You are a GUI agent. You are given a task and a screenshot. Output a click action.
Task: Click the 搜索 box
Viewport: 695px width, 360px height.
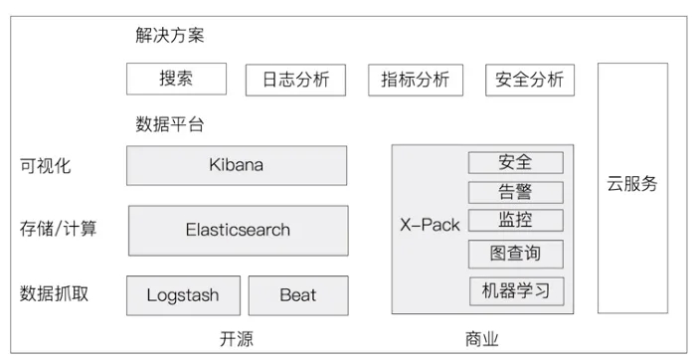coord(176,79)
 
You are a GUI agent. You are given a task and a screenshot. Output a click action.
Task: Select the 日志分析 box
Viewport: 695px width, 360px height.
coord(295,81)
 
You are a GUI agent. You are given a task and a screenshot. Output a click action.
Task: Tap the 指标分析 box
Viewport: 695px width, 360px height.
coord(416,81)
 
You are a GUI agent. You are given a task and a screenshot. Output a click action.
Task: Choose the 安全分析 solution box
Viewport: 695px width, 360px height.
coord(530,81)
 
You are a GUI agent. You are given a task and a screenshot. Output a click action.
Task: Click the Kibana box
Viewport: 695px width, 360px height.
coord(237,165)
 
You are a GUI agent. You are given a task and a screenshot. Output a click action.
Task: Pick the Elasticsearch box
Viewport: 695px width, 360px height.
coord(239,231)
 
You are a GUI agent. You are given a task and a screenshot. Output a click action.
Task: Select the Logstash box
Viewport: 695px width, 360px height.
coord(183,295)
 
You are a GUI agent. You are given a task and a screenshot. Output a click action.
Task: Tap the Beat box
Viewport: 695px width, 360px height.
coord(298,295)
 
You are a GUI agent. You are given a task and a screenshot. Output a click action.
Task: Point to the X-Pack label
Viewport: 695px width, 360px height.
coord(430,225)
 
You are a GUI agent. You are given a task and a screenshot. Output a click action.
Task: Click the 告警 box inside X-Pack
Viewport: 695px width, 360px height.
coord(516,192)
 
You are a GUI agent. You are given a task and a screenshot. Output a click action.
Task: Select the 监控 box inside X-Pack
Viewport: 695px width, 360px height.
coord(516,221)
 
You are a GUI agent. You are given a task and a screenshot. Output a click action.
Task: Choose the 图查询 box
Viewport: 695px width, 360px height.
coord(516,254)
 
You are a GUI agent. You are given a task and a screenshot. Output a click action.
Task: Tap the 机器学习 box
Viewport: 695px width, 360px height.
coord(517,291)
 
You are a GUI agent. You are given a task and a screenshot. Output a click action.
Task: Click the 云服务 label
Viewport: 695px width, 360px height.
coord(632,184)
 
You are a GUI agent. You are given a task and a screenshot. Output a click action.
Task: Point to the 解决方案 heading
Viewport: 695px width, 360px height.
coord(170,36)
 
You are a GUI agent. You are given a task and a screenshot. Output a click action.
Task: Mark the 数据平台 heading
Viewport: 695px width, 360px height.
coord(170,124)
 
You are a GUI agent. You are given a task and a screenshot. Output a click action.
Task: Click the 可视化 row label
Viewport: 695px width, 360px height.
coord(45,166)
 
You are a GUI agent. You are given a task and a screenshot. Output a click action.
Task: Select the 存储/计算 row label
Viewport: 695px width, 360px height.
coord(58,229)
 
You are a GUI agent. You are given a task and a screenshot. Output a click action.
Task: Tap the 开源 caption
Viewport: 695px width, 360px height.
coord(237,339)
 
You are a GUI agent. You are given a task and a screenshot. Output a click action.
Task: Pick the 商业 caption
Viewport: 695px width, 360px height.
coord(482,339)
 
